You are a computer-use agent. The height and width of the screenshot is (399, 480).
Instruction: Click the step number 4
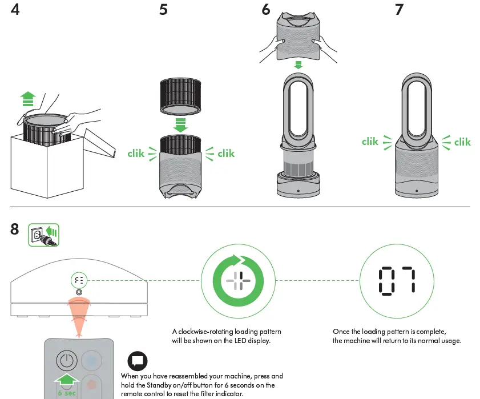(x=15, y=10)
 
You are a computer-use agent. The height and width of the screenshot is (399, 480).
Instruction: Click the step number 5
(x=163, y=10)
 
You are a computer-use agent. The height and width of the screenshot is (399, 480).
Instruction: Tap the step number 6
(x=266, y=10)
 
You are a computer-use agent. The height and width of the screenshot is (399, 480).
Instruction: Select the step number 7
(x=399, y=10)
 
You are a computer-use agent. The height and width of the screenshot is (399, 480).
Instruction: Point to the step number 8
(x=15, y=229)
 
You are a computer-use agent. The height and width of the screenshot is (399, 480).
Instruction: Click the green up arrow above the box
(x=26, y=100)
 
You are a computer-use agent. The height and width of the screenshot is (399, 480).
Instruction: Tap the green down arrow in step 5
(x=181, y=124)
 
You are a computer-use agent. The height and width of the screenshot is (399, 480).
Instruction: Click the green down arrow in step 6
(x=297, y=65)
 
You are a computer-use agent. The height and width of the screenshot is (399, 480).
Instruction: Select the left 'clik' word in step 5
(x=136, y=153)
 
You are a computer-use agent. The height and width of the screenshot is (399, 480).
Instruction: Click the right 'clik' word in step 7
(x=462, y=142)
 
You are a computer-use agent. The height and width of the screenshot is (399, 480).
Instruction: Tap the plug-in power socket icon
(x=44, y=235)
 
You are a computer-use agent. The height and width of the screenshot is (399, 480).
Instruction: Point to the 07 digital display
(x=397, y=280)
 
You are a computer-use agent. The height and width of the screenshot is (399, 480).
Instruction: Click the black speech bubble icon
(x=137, y=361)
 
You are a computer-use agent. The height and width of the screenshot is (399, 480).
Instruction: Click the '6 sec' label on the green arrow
(x=67, y=393)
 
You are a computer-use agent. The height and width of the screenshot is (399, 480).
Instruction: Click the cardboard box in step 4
(x=46, y=166)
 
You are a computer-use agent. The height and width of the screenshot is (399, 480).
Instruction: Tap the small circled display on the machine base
(x=78, y=280)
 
